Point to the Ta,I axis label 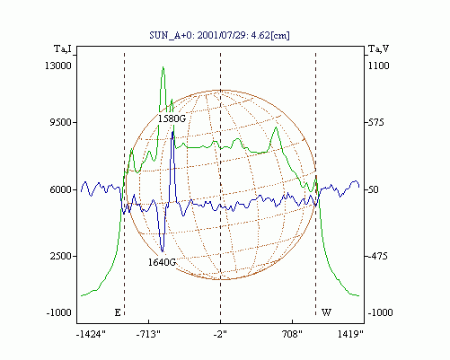[x=63, y=48]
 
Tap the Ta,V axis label [x=378, y=48]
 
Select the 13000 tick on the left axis [x=58, y=66]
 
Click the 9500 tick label [x=60, y=122]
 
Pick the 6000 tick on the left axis [x=60, y=189]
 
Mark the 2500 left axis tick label [x=60, y=256]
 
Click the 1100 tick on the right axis [x=378, y=66]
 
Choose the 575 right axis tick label [x=375, y=122]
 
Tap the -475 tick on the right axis [x=377, y=256]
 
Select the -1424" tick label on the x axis [x=91, y=334]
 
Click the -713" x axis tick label [x=148, y=334]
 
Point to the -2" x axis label [x=220, y=334]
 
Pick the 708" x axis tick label [x=292, y=334]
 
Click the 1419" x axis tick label [x=350, y=334]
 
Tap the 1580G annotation [x=172, y=119]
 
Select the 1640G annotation [x=162, y=262]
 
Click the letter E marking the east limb [x=118, y=312]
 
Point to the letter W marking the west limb [x=326, y=312]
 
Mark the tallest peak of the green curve [x=163, y=67]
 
